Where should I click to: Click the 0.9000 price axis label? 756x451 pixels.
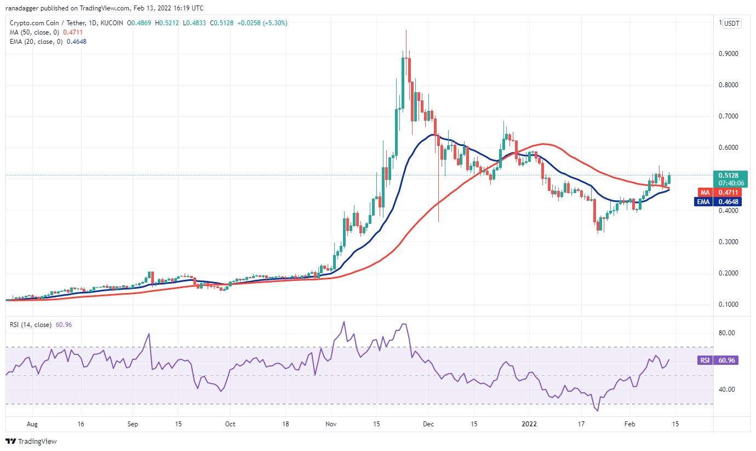click(731, 54)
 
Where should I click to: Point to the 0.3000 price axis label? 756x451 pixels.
click(731, 242)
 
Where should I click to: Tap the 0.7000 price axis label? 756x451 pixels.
click(731, 116)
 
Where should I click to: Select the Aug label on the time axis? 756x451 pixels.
click(32, 424)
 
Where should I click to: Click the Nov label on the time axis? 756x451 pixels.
click(331, 424)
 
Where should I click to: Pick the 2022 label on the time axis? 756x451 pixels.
click(530, 424)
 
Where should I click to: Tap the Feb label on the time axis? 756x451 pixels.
click(630, 424)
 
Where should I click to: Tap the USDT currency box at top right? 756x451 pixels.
click(731, 23)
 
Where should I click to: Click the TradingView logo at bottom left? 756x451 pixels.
click(31, 441)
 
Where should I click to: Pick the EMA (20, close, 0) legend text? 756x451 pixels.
click(36, 42)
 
